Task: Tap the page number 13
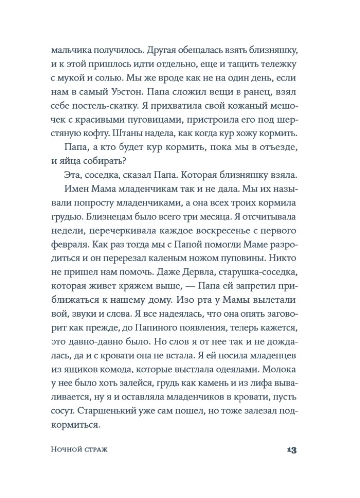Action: click(292, 450)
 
